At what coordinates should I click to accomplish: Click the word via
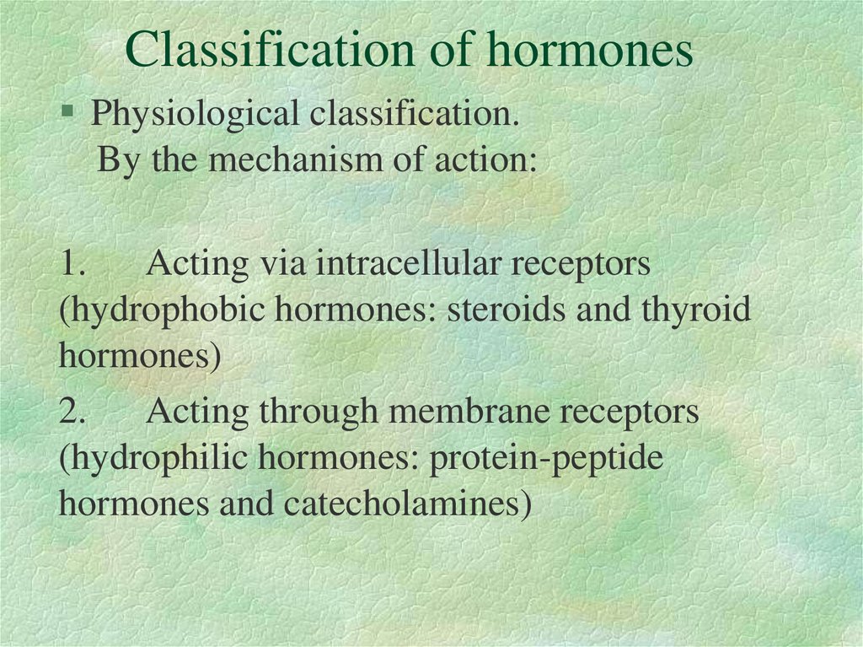point(283,265)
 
